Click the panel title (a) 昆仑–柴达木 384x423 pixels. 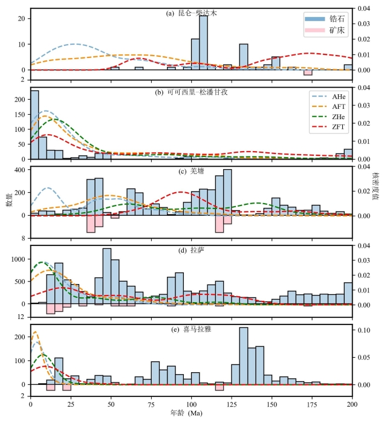coord(191,13)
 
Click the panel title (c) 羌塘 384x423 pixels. coord(191,170)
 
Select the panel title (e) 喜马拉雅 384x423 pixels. coord(191,330)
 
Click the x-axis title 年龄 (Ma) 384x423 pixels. coord(191,414)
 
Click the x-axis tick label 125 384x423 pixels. coord(232,404)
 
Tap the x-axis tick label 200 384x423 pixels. coord(352,404)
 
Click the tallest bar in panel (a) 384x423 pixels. coord(204,43)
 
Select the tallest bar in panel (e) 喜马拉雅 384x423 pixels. coord(244,356)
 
